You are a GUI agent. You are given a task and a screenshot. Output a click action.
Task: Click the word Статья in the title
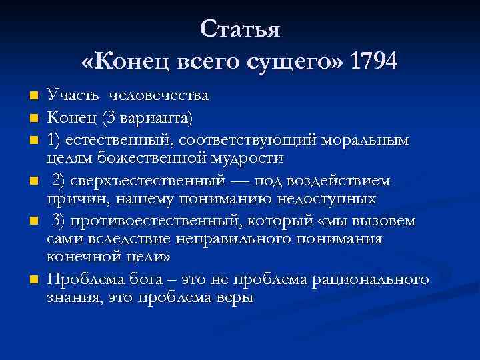[x=240, y=29]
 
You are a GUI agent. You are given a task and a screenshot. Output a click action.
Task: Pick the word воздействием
[x=347, y=181]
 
